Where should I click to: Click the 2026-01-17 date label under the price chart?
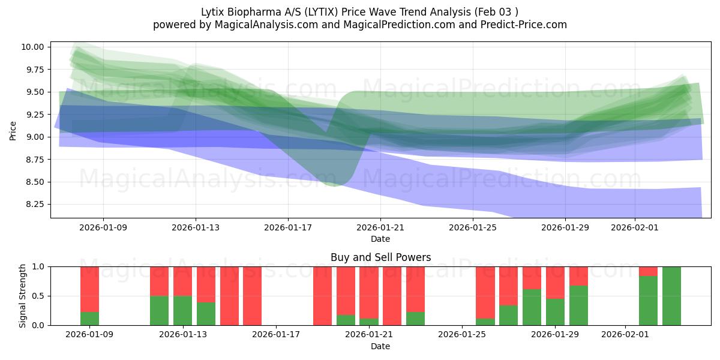(288, 227)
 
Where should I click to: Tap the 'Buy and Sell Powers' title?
(380, 257)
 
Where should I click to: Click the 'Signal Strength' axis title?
(22, 295)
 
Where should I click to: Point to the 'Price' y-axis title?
(13, 130)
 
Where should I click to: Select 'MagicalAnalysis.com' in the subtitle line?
(265, 25)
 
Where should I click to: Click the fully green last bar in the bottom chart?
(671, 296)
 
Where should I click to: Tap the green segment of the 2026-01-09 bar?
(89, 319)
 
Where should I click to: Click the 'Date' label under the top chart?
(380, 239)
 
